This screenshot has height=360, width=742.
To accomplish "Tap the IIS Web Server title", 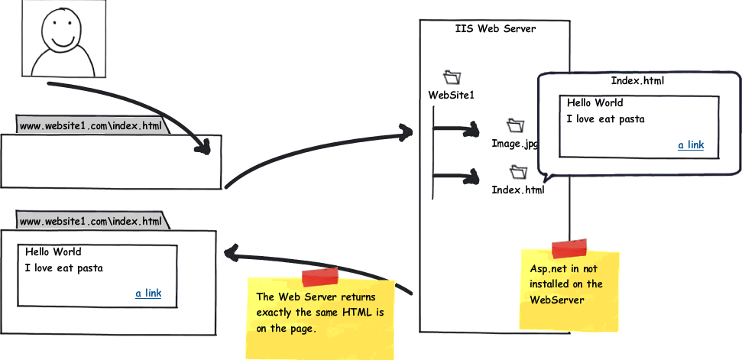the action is [x=495, y=29].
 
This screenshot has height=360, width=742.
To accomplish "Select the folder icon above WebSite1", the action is [x=452, y=77].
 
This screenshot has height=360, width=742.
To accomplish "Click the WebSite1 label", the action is [x=451, y=95].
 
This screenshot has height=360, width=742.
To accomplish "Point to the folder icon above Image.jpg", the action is [x=515, y=125].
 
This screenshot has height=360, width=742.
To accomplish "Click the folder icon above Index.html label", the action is [x=519, y=171].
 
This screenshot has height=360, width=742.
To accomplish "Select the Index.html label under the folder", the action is [x=518, y=190].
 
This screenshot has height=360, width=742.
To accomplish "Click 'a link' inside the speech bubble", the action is [x=691, y=144].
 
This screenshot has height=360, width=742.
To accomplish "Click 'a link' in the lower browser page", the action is [x=148, y=294].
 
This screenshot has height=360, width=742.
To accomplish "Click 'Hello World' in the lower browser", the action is [x=53, y=251].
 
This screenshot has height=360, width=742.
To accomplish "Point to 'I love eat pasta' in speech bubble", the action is [x=605, y=118].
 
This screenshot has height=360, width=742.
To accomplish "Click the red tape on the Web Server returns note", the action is [x=320, y=277].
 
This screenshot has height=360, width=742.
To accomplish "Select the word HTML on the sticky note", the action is [x=348, y=313].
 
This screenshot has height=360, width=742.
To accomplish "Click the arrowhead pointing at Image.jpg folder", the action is [x=471, y=128].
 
